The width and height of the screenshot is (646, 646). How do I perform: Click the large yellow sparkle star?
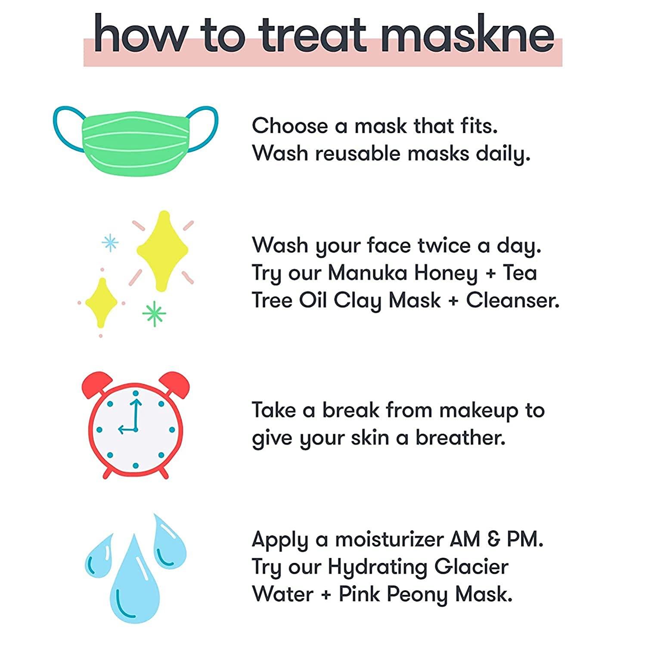pos(162,250)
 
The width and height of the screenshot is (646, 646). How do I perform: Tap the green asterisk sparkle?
pos(154,313)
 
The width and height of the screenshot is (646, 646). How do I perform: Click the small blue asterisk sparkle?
pos(110,242)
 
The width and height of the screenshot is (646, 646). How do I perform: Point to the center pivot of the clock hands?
pos(135,429)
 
